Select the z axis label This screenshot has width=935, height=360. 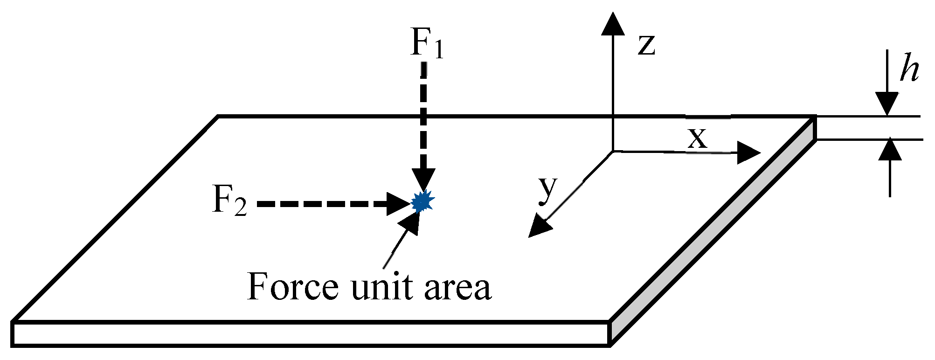[x=647, y=45]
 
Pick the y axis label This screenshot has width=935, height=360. [x=548, y=189]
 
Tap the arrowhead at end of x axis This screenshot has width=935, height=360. [x=748, y=153]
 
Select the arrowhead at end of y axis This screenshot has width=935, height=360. [x=539, y=227]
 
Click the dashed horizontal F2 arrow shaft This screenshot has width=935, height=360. [x=322, y=204]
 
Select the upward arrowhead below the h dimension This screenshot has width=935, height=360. [x=890, y=150]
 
